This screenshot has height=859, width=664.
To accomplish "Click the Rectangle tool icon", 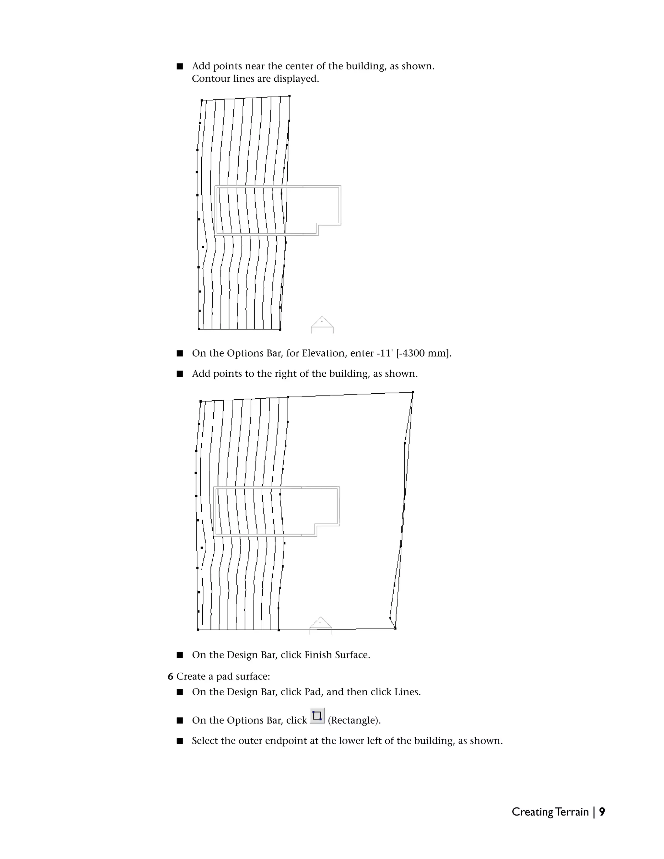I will click(317, 716).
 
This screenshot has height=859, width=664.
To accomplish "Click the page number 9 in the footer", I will click(602, 812).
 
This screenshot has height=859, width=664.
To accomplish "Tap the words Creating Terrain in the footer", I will click(550, 812).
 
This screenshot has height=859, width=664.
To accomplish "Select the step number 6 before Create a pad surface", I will click(170, 677).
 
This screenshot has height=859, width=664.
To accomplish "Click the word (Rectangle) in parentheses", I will click(354, 720).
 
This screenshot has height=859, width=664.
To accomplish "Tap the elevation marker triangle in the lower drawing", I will click(321, 623).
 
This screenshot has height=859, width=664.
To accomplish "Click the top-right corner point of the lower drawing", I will click(413, 392).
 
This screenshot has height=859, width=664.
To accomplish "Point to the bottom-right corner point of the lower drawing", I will click(395, 629).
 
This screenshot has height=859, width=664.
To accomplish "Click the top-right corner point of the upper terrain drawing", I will click(290, 96).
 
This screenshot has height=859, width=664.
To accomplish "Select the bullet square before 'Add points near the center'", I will click(180, 66).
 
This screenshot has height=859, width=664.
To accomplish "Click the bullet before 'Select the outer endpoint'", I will click(180, 741).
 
